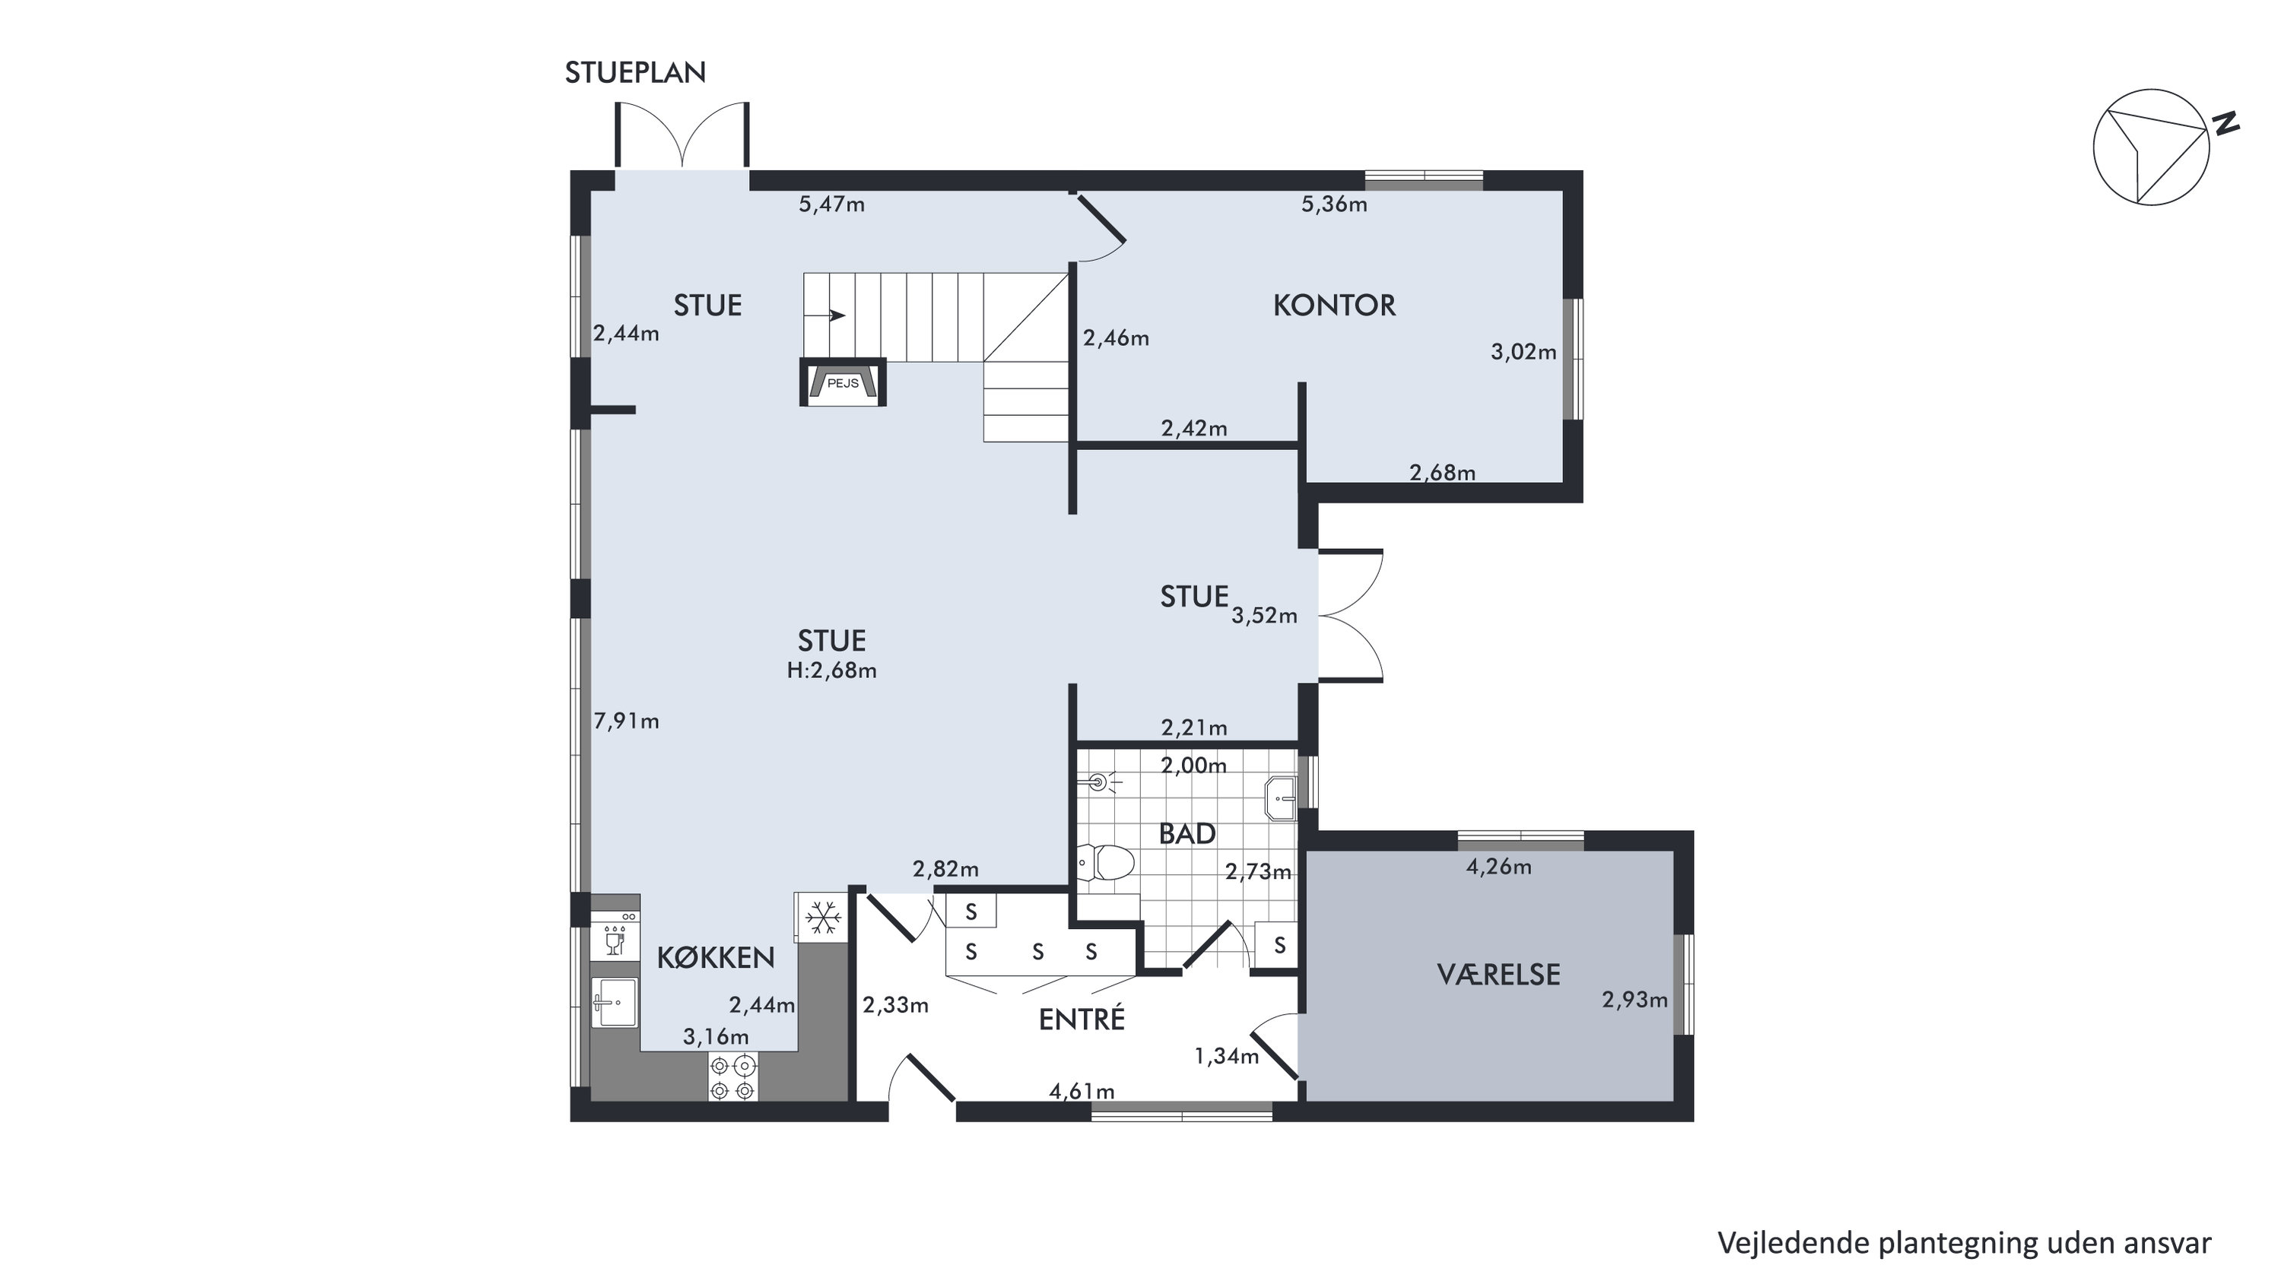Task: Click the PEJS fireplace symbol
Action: [842, 382]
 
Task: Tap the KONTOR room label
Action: [1333, 306]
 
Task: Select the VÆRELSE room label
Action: [1498, 975]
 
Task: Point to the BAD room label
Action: [1187, 834]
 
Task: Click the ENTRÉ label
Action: [1081, 1019]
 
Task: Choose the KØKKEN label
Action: [716, 957]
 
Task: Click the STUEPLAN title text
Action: [635, 72]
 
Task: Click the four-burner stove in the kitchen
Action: [733, 1077]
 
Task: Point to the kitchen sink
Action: [615, 1002]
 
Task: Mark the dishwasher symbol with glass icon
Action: [615, 937]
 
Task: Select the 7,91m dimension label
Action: [626, 721]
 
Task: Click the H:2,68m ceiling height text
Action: [831, 671]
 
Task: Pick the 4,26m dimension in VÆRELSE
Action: [1498, 867]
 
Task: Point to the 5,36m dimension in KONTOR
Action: [1333, 205]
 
